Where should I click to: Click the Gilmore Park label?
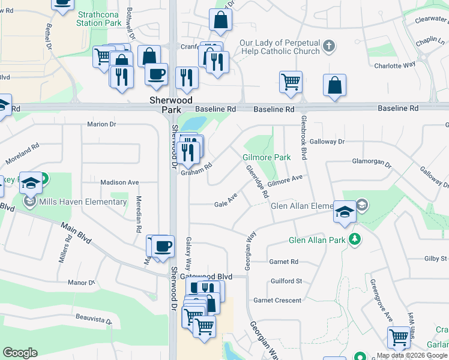pos(267,157)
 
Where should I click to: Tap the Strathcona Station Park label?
pos(98,19)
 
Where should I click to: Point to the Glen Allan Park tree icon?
pos(355,240)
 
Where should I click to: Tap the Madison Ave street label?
pos(119,182)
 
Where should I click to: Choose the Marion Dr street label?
pos(101,124)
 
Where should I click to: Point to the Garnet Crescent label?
pos(277,300)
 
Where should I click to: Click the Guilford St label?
pos(286,281)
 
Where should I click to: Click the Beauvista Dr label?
pos(94,319)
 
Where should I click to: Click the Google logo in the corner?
pos(20,353)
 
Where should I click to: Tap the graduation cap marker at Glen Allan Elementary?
pos(345,212)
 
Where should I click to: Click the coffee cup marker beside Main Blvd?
pos(163,246)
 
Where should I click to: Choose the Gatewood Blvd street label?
pos(205,276)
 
